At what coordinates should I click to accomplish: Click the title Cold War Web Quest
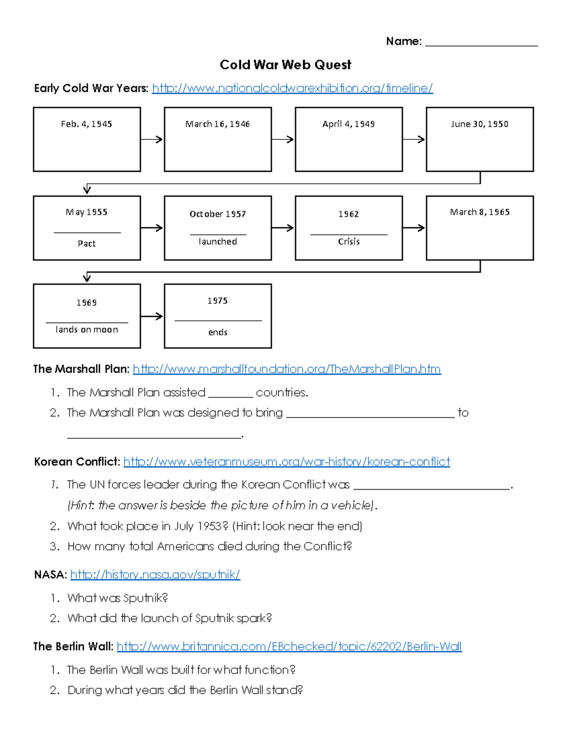pos(285,65)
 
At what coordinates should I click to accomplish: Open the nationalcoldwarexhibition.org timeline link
pos(292,88)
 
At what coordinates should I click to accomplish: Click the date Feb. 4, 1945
pos(87,124)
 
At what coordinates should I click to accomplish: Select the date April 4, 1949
pos(348,124)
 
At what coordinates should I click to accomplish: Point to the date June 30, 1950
pos(480,124)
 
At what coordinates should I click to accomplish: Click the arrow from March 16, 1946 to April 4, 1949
pos(283,139)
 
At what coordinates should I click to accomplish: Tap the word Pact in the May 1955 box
pos(87,244)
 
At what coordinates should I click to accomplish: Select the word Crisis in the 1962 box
pos(349,242)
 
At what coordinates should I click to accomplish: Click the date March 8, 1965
pos(480,212)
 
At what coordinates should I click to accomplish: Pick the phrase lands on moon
pos(87,330)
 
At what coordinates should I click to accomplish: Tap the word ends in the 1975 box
pos(218,332)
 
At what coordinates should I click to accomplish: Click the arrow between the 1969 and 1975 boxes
pos(152,316)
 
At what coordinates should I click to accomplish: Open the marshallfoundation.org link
pos(286,369)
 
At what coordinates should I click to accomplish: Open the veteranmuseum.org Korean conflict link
pos(286,462)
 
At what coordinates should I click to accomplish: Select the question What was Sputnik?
pos(118,598)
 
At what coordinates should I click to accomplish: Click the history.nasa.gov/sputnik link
pos(155,575)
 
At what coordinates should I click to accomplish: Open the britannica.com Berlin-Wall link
pos(289,647)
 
